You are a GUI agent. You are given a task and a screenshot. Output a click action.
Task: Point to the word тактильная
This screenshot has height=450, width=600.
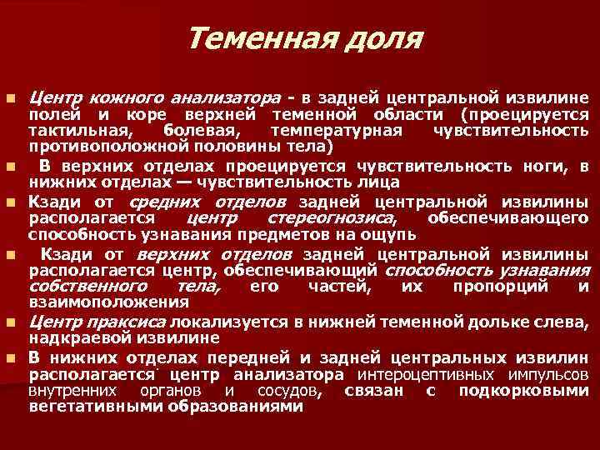(x=78, y=132)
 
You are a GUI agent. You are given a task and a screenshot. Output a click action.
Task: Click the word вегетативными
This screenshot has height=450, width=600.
(x=92, y=407)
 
